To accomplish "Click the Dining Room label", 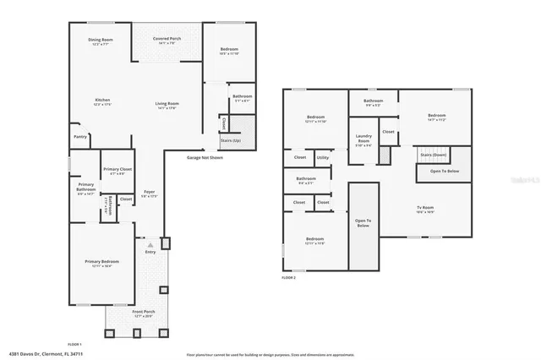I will pos(101,41).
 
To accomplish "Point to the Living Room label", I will pos(166,105).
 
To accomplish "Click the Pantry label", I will pos(80,136).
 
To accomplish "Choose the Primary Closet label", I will pos(117,171).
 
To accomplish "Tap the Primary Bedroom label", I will pos(101,263).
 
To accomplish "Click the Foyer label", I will pos(149,194).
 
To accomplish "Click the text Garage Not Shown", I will pos(205,157).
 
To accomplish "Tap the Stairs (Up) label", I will pos(231,140).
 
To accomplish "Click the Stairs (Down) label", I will pos(433,155).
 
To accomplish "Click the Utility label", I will pos(323,157).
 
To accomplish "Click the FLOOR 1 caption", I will pos(74,344).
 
